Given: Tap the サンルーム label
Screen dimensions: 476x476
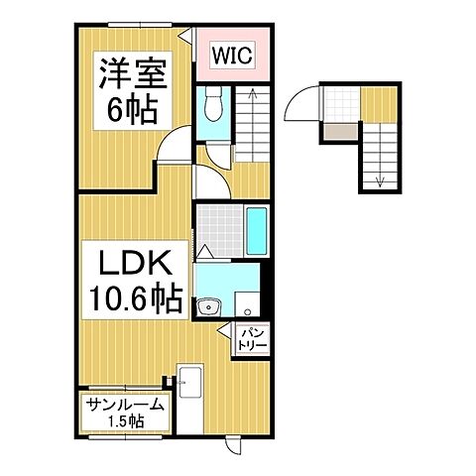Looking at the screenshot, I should [x=125, y=405].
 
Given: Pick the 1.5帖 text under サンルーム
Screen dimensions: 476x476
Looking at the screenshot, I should [x=125, y=421].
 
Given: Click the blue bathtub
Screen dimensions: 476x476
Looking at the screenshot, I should [x=255, y=231].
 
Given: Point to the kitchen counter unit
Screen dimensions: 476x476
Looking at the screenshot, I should [x=190, y=383].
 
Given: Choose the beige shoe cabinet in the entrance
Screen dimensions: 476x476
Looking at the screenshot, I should [x=337, y=131].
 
